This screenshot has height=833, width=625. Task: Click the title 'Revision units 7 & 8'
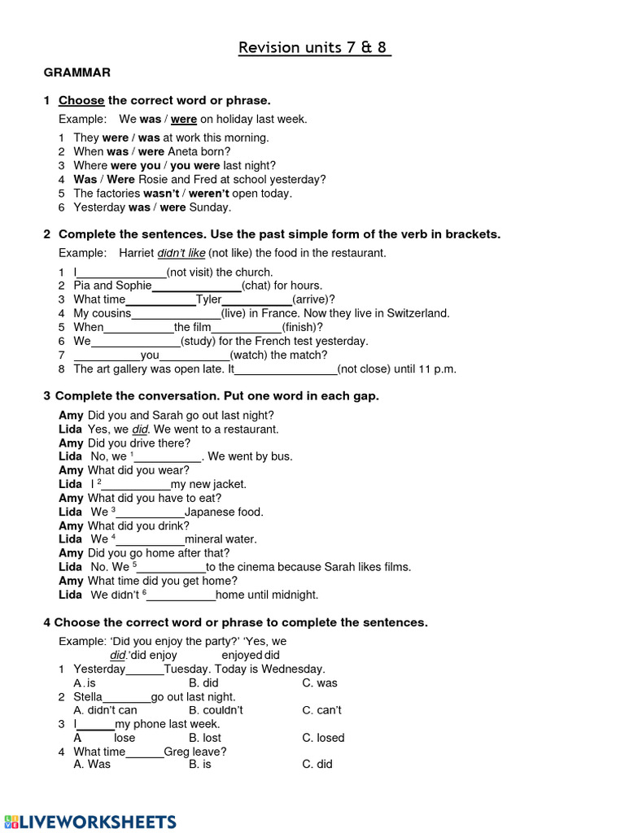tap(314, 47)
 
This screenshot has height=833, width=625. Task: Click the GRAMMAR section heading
tap(76, 72)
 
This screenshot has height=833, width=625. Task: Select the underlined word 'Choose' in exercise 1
tap(81, 101)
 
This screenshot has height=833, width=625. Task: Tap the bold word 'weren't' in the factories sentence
tap(208, 194)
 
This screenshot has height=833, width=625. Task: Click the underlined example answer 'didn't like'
tap(181, 254)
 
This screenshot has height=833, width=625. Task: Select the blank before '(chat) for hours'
tap(196, 286)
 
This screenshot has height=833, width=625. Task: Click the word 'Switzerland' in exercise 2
tap(413, 314)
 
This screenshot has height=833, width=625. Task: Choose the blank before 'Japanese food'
tap(150, 512)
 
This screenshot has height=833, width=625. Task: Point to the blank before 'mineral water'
tap(151, 539)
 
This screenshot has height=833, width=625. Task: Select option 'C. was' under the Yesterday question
tap(319, 683)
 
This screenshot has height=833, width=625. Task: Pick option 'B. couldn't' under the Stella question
tap(216, 710)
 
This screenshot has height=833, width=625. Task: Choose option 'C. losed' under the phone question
tap(323, 738)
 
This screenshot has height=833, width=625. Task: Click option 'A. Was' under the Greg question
tap(91, 765)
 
